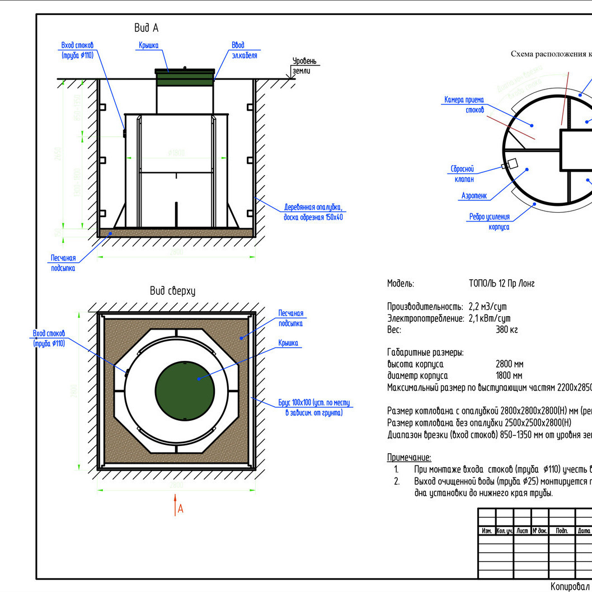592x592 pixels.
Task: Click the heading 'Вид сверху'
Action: point(172,291)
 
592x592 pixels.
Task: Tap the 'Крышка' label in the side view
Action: point(148,45)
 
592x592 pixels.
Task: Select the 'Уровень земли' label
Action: point(304,65)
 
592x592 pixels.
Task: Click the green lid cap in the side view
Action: point(185,77)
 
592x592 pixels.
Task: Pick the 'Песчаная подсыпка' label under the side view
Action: point(63,263)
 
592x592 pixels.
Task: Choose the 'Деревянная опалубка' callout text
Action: point(313,212)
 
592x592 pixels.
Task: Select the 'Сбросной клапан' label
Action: point(462,174)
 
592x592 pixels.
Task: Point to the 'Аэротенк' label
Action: point(474,196)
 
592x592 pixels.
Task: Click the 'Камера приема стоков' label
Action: point(464,105)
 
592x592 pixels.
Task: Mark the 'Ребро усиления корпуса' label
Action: point(490,222)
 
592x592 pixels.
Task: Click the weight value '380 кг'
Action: point(506,330)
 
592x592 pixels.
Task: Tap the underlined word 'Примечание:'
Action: point(409,457)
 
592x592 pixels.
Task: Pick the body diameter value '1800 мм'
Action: point(509,375)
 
